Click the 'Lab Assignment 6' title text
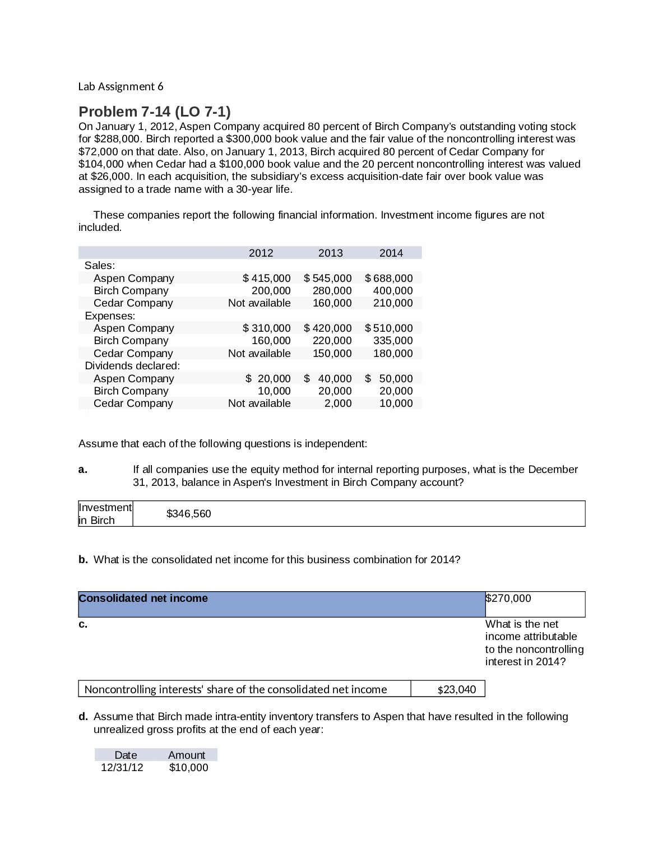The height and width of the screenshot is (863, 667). click(x=121, y=86)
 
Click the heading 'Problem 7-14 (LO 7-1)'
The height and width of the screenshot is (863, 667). click(x=154, y=112)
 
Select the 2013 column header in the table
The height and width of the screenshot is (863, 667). click(x=330, y=253)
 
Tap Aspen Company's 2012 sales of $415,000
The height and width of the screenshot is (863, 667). click(x=266, y=278)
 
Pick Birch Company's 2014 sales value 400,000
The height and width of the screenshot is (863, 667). click(x=392, y=290)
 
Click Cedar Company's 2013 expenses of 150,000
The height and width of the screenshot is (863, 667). click(x=332, y=353)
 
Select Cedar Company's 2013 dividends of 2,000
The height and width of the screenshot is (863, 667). click(x=338, y=403)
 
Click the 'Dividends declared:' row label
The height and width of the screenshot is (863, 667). click(x=132, y=365)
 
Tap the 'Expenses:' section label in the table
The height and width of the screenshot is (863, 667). click(x=110, y=315)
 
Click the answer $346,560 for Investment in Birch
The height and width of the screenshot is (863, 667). click(x=188, y=513)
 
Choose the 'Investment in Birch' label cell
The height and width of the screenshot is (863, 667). click(x=105, y=513)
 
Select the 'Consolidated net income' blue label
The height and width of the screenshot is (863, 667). click(x=143, y=598)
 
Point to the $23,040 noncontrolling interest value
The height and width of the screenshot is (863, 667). click(x=456, y=689)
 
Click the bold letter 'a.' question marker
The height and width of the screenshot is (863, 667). click(x=83, y=470)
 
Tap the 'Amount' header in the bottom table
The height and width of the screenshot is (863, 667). click(x=187, y=755)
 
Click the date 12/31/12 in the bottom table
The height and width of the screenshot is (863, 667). click(x=122, y=767)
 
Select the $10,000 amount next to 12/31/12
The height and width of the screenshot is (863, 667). click(x=188, y=767)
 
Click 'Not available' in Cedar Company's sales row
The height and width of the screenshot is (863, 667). click(x=259, y=303)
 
